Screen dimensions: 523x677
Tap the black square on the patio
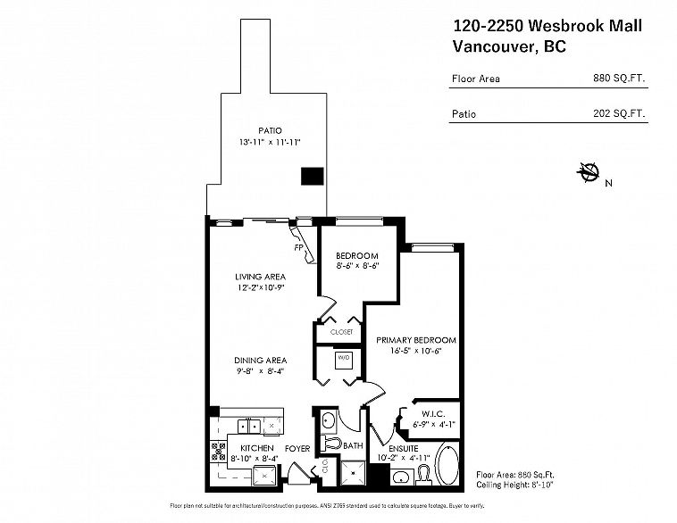click(x=312, y=177)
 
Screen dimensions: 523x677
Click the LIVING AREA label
click(x=260, y=277)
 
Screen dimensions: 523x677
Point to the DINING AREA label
click(x=260, y=359)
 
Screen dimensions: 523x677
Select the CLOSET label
click(x=341, y=331)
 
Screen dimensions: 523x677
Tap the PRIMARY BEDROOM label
click(x=416, y=340)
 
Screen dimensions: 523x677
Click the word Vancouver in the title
click(x=497, y=46)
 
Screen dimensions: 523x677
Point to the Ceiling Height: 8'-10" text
click(x=518, y=485)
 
